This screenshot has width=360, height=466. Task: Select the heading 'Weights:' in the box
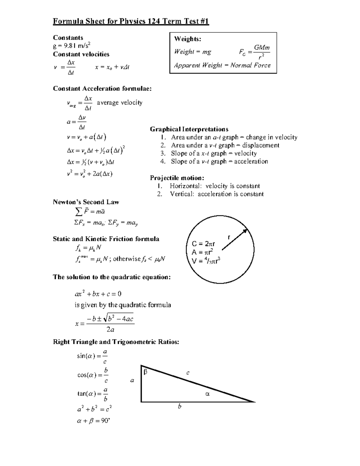pyautogui.click(x=188, y=39)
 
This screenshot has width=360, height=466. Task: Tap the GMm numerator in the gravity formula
pyautogui.click(x=262, y=47)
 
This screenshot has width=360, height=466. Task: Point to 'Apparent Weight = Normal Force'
pyautogui.click(x=222, y=65)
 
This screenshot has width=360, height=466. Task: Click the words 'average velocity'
pyautogui.click(x=119, y=103)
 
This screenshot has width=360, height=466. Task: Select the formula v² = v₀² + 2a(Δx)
pyautogui.click(x=90, y=174)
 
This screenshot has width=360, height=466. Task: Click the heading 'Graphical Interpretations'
pyautogui.click(x=189, y=129)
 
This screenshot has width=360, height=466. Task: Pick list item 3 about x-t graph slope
pyautogui.click(x=214, y=153)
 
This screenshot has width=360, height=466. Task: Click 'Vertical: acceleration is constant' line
pyautogui.click(x=217, y=194)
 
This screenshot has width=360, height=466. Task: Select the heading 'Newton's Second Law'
pyautogui.click(x=86, y=202)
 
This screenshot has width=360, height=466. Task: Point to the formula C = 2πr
pyautogui.click(x=203, y=244)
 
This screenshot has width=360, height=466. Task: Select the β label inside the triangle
pyautogui.click(x=145, y=372)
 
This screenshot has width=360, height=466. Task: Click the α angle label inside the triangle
pyautogui.click(x=207, y=394)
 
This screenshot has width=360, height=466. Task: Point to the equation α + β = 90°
pyautogui.click(x=93, y=421)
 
